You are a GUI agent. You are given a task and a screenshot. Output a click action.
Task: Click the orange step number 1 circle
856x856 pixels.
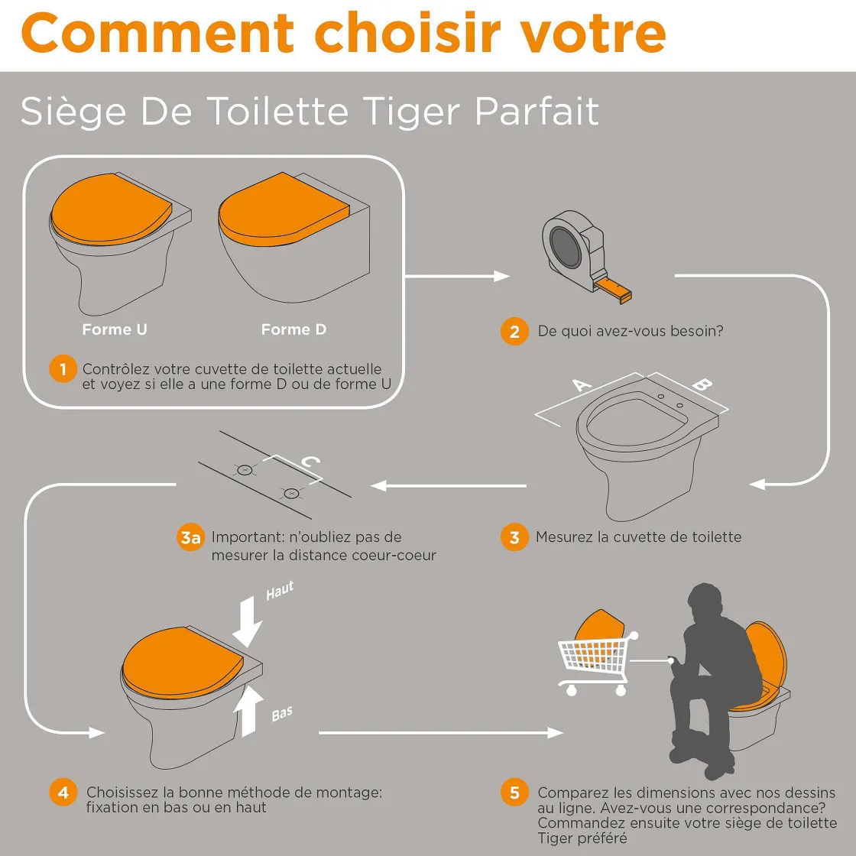63,369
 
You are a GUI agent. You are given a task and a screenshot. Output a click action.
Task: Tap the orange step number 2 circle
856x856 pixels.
514,332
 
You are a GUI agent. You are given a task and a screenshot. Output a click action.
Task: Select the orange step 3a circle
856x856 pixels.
190,538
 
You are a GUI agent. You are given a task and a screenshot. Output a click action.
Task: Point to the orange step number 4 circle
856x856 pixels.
63,792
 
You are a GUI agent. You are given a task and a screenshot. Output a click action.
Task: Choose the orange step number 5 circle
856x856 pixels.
514,792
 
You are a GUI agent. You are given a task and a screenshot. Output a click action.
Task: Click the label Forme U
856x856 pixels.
115,329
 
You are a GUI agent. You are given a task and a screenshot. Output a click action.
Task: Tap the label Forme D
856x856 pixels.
293,329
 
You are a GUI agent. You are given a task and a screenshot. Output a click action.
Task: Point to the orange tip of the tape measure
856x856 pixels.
615,289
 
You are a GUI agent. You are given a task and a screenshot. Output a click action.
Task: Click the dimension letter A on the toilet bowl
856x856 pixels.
582,385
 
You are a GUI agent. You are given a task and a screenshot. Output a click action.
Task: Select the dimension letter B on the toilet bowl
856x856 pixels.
702,384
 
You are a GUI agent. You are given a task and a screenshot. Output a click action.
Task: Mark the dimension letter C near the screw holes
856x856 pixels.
310,462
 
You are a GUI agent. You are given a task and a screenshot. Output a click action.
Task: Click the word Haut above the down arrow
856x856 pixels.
280,590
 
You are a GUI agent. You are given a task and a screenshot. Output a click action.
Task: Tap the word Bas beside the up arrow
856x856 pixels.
282,714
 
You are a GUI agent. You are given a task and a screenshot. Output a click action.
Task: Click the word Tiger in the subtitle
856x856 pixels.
411,112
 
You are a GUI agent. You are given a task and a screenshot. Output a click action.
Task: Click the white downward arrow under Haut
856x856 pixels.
248,621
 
